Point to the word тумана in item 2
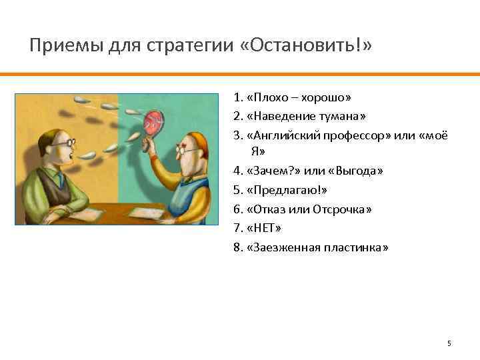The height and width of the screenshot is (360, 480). click(x=342, y=116)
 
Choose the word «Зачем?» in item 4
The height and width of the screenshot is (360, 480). click(x=270, y=171)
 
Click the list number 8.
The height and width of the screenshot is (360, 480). click(x=237, y=247)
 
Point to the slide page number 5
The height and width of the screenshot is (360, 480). click(x=449, y=343)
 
